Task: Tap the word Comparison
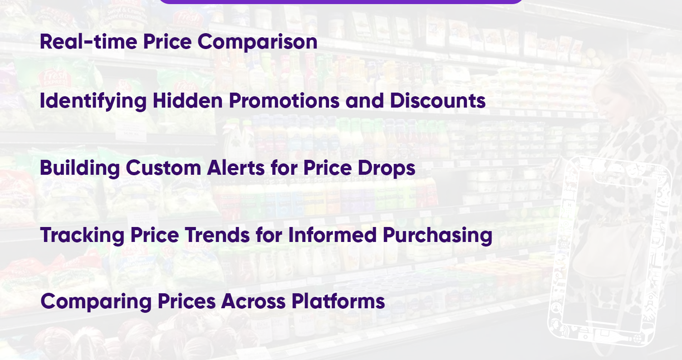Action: [257, 42]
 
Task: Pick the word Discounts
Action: [438, 100]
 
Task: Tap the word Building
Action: [79, 168]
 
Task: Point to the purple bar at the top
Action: [341, 1]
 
